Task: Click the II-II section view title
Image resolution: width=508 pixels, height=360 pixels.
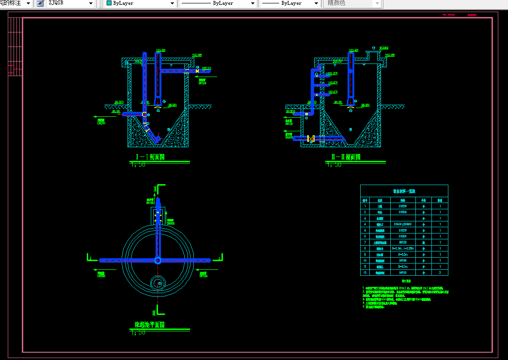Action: coord(346,157)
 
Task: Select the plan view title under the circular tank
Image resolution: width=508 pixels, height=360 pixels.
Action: coord(149,325)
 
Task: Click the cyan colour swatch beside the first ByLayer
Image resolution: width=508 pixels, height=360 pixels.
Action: coord(109,3)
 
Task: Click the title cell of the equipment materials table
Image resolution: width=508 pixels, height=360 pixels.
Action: coord(404,191)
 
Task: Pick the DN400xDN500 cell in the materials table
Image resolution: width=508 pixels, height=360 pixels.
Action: coord(403,224)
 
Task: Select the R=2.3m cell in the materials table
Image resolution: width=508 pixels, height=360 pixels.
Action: coord(403,248)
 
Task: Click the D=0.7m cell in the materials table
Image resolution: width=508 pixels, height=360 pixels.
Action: coord(403,266)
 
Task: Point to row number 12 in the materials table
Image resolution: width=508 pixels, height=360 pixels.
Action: coord(365,273)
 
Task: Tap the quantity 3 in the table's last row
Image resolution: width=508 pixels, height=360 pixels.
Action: coord(440,273)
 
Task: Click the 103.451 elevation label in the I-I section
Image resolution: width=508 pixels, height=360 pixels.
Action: coord(161,50)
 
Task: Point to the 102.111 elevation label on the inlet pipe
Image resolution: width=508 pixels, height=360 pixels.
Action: coord(206,68)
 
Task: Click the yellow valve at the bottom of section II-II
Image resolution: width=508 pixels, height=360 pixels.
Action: coord(311,139)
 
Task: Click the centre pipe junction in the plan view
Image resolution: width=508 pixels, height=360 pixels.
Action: coord(158,260)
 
